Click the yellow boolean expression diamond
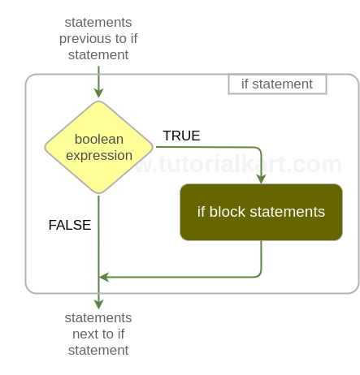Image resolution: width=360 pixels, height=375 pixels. [x=98, y=147]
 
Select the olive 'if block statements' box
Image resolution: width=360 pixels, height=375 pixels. [x=261, y=212]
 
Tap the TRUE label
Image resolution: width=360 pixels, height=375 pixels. [x=181, y=136]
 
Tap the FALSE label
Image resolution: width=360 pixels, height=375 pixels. [x=70, y=225]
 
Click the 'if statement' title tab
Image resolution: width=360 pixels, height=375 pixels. [x=277, y=84]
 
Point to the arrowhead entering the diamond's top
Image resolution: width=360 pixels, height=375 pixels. [x=98, y=93]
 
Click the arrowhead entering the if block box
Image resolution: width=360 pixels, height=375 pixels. [x=261, y=178]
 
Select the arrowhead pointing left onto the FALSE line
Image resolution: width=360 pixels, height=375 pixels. [x=104, y=277]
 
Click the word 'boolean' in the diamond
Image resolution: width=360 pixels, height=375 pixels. [x=98, y=139]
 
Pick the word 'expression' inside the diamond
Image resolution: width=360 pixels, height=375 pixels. [x=98, y=155]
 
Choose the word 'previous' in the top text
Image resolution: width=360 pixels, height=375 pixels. [x=89, y=38]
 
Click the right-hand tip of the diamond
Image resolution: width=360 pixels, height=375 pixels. [x=152, y=147]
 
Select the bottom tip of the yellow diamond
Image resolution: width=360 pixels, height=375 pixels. [x=98, y=193]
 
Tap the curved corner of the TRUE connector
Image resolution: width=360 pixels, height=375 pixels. [x=258, y=149]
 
